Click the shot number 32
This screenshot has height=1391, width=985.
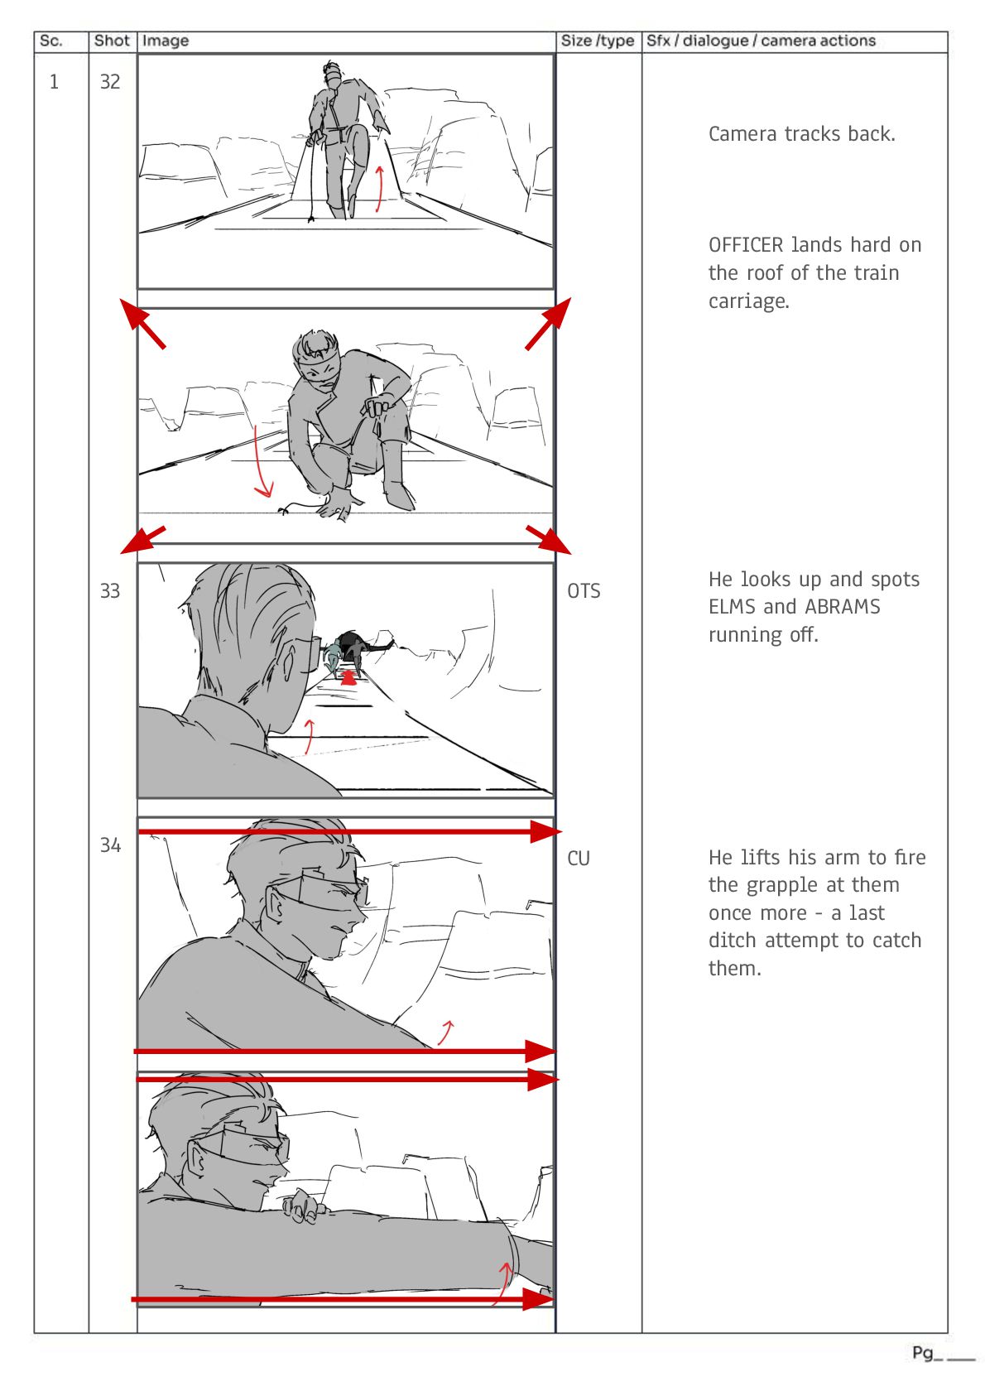[x=110, y=81]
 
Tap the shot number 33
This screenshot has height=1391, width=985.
[x=110, y=590]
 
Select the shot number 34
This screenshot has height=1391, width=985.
[x=110, y=845]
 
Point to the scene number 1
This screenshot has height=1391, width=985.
[x=54, y=81]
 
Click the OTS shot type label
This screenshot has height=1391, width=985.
[x=584, y=590]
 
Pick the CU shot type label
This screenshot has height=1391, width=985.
[x=578, y=858]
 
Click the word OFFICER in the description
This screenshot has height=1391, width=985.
[x=746, y=245]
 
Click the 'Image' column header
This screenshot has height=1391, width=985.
[x=165, y=41]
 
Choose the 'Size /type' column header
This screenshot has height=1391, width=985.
[x=597, y=41]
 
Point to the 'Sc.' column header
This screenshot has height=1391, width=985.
[x=50, y=41]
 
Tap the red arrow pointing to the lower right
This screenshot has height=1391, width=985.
[x=549, y=540]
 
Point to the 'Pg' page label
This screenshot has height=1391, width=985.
[x=922, y=1354]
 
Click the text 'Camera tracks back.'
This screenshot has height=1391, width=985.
[x=801, y=133]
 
